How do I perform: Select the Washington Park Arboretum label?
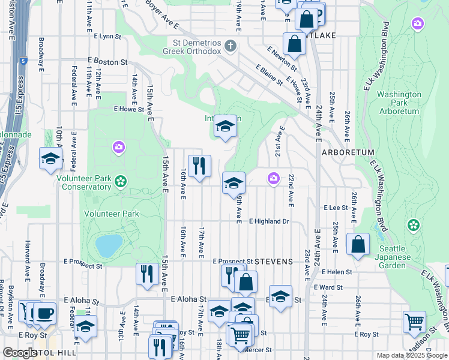coord(399,103)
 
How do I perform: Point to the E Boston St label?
coord(107,61)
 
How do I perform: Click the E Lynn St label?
coord(107,37)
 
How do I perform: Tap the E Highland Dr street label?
coord(269,221)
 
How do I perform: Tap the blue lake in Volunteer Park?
coord(109,245)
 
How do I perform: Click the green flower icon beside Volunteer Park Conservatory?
coord(121,181)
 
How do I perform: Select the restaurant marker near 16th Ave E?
coord(199,165)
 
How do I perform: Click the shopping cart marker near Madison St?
coord(414,322)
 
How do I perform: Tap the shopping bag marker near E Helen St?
coord(358,244)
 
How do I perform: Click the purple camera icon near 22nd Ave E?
coord(274,178)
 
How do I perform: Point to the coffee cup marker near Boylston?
coord(44,313)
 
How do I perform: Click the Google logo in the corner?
coord(20,353)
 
